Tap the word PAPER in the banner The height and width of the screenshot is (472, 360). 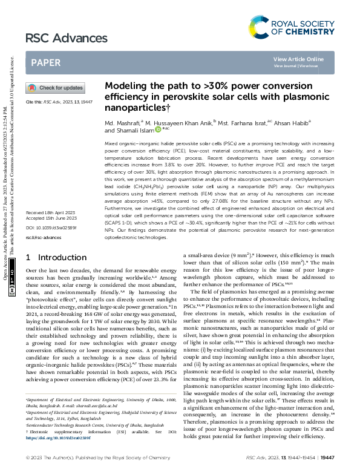pyautogui.click(x=45, y=62)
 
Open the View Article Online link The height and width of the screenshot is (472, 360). pyautogui.click(x=298, y=59)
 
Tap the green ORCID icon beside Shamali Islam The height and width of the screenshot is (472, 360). pyautogui.click(x=159, y=129)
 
